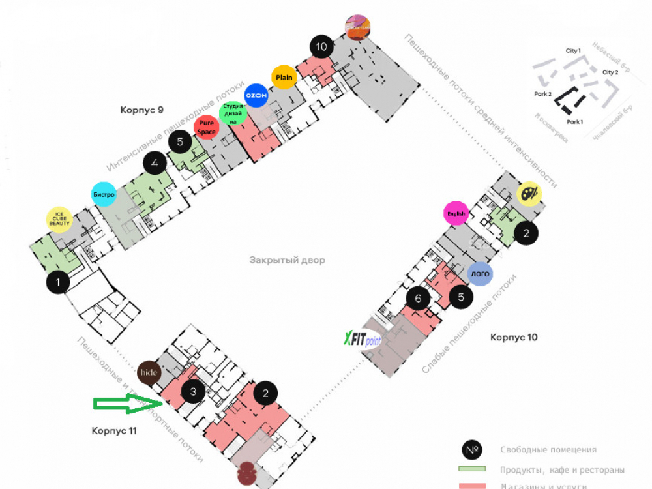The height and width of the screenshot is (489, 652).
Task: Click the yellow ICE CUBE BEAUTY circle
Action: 59,219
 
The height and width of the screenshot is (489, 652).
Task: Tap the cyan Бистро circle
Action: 104,194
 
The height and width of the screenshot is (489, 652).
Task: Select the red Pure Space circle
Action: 207,127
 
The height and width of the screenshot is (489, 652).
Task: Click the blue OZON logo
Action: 256,95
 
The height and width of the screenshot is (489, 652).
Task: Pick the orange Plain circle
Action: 284,78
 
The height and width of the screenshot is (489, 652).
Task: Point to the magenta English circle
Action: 456,213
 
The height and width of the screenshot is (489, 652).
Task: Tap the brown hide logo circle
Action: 149,372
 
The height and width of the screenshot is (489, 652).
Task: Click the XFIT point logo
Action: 363,339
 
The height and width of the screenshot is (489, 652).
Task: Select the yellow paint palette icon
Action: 529,194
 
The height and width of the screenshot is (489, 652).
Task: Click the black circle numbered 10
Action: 321,46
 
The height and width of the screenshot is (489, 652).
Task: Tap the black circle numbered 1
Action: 59,282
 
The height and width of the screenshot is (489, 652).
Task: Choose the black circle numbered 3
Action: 193,392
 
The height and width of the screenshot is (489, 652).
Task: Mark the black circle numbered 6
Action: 418,298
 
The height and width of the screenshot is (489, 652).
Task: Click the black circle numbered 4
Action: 155,164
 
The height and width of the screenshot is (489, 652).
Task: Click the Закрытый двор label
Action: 287,260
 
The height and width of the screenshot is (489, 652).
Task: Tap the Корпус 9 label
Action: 141,110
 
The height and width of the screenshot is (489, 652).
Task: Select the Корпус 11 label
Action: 115,430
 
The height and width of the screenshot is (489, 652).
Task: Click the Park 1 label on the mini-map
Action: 574,122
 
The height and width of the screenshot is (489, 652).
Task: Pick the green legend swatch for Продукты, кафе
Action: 473,469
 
